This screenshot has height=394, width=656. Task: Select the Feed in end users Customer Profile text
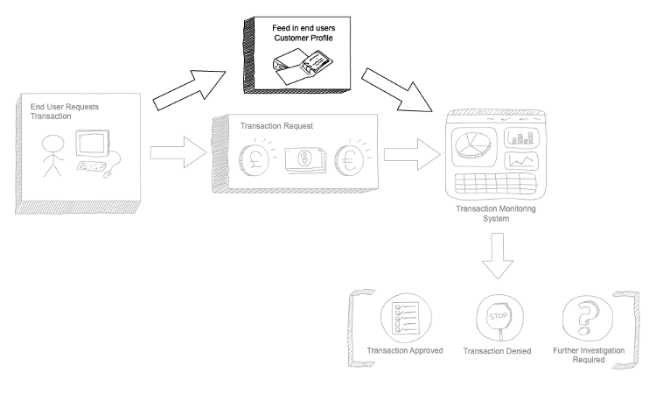pyautogui.click(x=303, y=35)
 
